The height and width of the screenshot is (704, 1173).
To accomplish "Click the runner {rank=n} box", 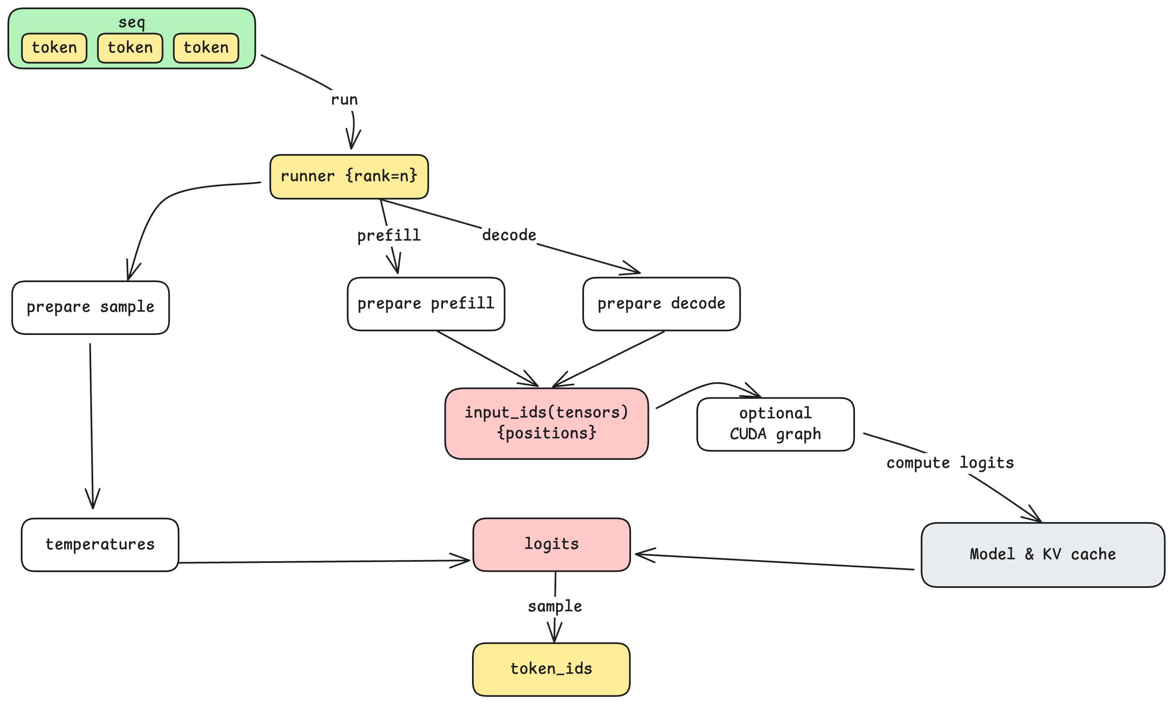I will (349, 176).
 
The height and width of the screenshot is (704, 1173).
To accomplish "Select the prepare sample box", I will (91, 307).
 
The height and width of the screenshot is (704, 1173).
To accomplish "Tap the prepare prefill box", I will (426, 304).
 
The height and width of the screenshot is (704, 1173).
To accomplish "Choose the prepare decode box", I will (661, 304).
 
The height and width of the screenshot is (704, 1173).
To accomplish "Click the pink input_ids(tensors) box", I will (546, 423).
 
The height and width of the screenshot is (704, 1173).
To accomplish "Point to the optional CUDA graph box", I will (775, 424).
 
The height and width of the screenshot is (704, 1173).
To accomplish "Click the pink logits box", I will (552, 544).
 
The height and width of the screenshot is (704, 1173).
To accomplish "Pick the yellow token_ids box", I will (551, 669).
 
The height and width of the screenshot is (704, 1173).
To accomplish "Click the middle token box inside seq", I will (130, 48).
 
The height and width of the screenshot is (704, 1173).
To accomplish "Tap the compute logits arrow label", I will (949, 463).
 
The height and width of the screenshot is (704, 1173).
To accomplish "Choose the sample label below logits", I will (555, 606).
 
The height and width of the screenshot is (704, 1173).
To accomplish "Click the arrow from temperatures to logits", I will (323, 562).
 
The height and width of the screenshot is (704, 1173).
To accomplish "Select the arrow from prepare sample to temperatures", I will (91, 427).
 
